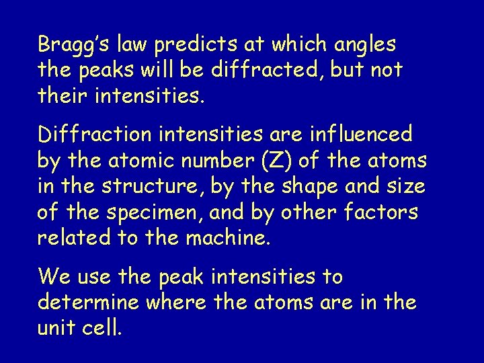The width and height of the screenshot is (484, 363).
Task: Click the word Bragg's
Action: click(x=73, y=46)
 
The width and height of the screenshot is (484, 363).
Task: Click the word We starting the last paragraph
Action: click(x=52, y=276)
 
